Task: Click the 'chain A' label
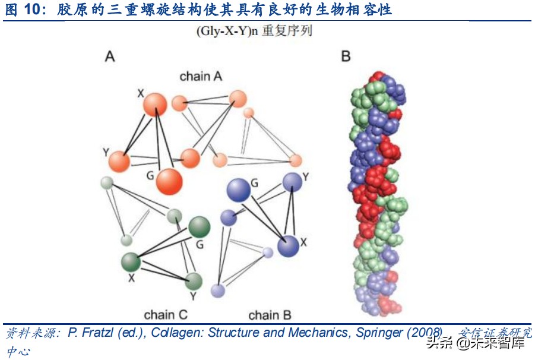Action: click(x=201, y=76)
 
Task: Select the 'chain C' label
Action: click(x=166, y=315)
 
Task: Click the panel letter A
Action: click(x=109, y=57)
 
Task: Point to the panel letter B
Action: click(x=346, y=57)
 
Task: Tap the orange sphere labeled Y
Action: click(x=119, y=162)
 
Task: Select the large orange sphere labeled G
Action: click(x=169, y=181)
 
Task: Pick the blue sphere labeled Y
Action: click(x=292, y=181)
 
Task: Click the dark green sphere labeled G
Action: click(x=199, y=227)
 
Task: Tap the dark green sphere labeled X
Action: click(x=131, y=261)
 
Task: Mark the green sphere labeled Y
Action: click(x=194, y=281)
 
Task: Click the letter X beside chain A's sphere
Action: click(x=141, y=93)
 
